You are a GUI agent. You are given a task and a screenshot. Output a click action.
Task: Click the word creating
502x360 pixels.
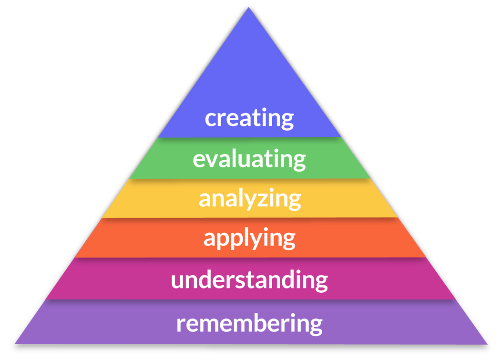click(x=249, y=118)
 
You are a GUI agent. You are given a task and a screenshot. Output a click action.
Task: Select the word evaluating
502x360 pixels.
click(x=249, y=159)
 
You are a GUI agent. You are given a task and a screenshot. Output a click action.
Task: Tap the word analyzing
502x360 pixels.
click(x=249, y=198)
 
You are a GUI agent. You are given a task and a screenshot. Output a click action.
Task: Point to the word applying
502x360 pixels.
click(x=249, y=237)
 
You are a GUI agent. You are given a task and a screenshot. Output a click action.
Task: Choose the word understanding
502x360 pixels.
click(x=249, y=279)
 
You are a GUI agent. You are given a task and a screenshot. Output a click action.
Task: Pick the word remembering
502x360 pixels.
click(x=249, y=323)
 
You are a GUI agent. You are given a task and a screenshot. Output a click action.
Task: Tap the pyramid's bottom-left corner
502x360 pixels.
click(x=15, y=342)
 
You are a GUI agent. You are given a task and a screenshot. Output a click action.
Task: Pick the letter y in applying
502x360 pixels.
click(x=261, y=240)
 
